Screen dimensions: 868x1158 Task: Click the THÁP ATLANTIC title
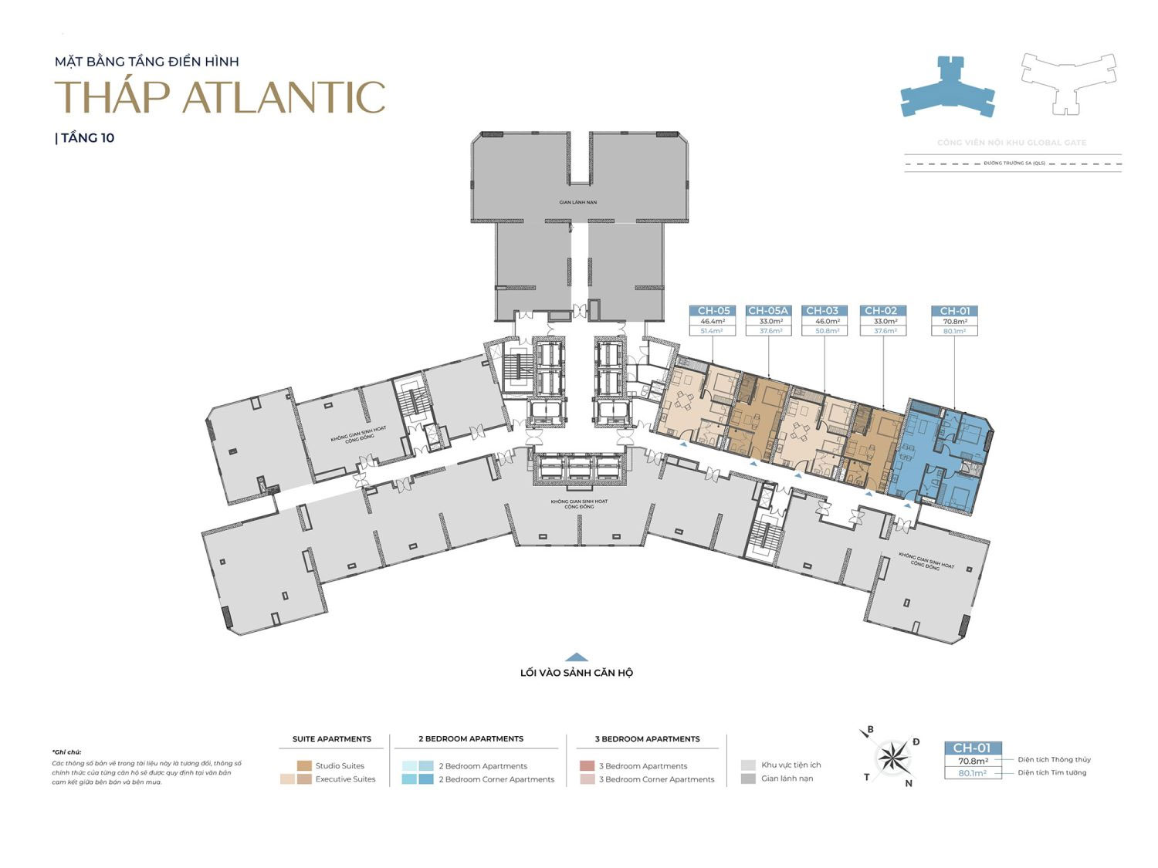click(x=220, y=97)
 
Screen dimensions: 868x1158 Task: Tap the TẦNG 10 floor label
click(x=86, y=138)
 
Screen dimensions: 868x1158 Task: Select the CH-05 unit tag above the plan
click(x=713, y=311)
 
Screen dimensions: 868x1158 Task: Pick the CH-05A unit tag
click(x=768, y=311)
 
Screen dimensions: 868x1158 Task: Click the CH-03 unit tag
click(x=822, y=311)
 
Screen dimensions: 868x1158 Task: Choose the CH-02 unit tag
click(x=880, y=311)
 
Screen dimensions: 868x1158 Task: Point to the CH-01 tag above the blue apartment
click(x=955, y=311)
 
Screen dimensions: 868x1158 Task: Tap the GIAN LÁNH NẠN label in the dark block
click(x=578, y=202)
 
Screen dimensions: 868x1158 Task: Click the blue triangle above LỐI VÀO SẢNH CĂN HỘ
click(x=577, y=657)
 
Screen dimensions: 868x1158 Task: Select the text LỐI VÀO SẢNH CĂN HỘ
click(x=577, y=673)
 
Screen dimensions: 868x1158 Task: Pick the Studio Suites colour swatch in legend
click(x=304, y=765)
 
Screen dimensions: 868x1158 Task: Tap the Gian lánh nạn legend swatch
click(x=747, y=778)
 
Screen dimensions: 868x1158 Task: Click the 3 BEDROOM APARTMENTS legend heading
click(x=647, y=738)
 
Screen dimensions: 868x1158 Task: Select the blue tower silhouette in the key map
click(x=947, y=87)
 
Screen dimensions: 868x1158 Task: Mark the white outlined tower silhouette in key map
click(x=1068, y=83)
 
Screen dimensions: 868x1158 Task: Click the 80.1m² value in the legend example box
click(x=973, y=772)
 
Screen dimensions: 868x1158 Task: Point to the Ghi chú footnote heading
click(x=67, y=751)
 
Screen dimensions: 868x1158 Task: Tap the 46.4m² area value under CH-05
click(x=713, y=321)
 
